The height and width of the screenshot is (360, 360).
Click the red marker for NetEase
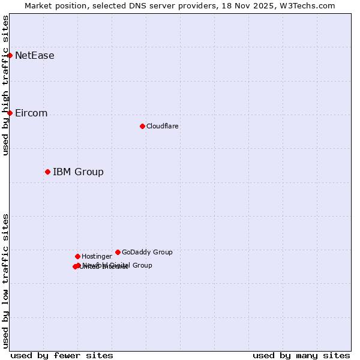[10, 55]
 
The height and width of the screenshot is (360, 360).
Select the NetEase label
[34, 56]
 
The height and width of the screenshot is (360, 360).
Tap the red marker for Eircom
[10, 113]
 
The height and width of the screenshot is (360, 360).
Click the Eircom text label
[31, 113]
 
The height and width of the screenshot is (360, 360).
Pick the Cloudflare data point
[142, 126]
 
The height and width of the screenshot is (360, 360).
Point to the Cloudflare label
[162, 126]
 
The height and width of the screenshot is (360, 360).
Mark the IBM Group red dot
[47, 172]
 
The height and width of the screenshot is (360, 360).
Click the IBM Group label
[78, 172]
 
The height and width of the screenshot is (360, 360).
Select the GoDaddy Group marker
[118, 252]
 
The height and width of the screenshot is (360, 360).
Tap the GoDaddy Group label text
[147, 252]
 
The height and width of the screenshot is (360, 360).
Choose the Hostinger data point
[77, 256]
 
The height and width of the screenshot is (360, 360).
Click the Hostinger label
[97, 256]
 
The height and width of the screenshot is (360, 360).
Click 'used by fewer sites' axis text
[62, 355]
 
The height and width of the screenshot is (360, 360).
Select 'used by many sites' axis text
[301, 355]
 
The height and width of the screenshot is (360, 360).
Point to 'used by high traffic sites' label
[5, 85]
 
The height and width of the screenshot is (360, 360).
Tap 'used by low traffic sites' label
[5, 281]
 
